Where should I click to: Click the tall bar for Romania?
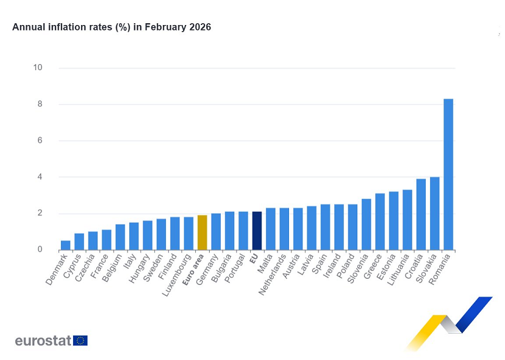coord(448,174)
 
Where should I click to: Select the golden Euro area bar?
coord(202,232)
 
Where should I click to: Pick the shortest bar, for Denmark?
coord(65,245)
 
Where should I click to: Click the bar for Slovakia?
coord(434,214)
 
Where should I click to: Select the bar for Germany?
coord(216,232)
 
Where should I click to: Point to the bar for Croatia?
coord(421,214)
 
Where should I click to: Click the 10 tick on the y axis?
coord(38,68)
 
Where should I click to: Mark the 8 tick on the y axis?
coord(40,104)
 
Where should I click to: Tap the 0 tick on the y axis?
coord(40,250)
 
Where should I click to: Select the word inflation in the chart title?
coord(63,27)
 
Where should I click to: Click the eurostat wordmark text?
coord(43,340)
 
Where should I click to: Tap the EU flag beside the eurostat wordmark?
coord(81,340)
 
